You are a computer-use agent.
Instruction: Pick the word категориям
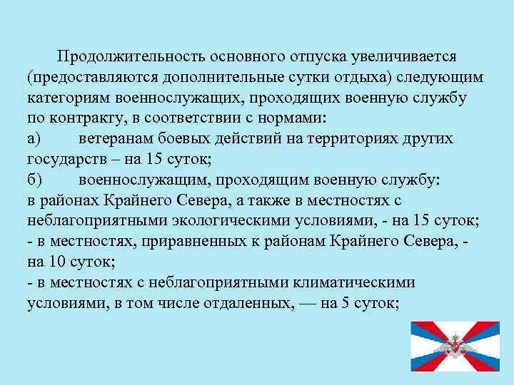[x=70, y=98]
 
